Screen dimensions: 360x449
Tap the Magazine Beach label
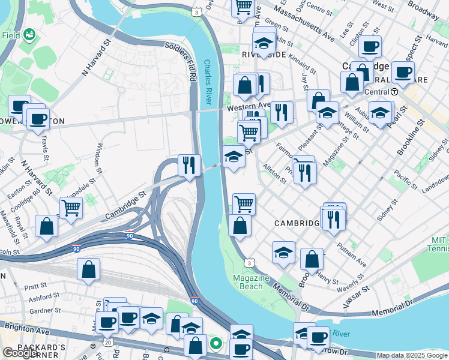pos(251,282)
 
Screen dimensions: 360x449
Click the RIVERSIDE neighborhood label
pos(264,55)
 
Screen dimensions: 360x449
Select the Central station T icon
pos(394,92)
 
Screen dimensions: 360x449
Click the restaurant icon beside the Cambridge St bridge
pos(189,164)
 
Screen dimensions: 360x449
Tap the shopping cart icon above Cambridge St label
pos(71,207)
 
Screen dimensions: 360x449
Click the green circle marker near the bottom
pos(216,344)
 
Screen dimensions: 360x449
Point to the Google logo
pos(20,353)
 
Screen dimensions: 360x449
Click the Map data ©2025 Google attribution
pos(412,355)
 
